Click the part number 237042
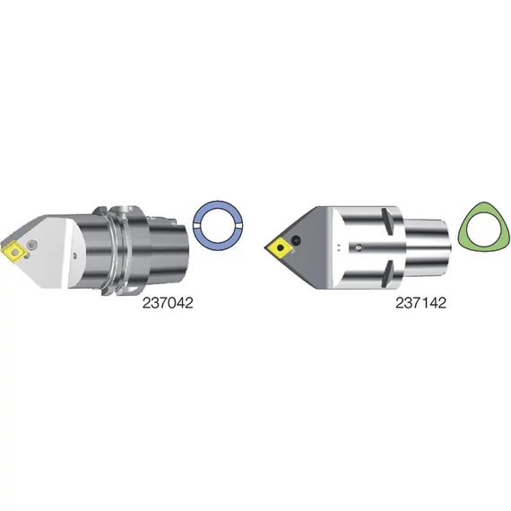click(x=168, y=303)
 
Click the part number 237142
click(x=420, y=303)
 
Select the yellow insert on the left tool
click(x=14, y=252)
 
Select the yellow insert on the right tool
click(x=280, y=248)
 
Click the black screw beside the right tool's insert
click(x=296, y=240)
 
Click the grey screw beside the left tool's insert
click(x=32, y=244)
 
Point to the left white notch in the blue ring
click(x=196, y=226)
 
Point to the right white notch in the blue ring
click(x=239, y=226)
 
